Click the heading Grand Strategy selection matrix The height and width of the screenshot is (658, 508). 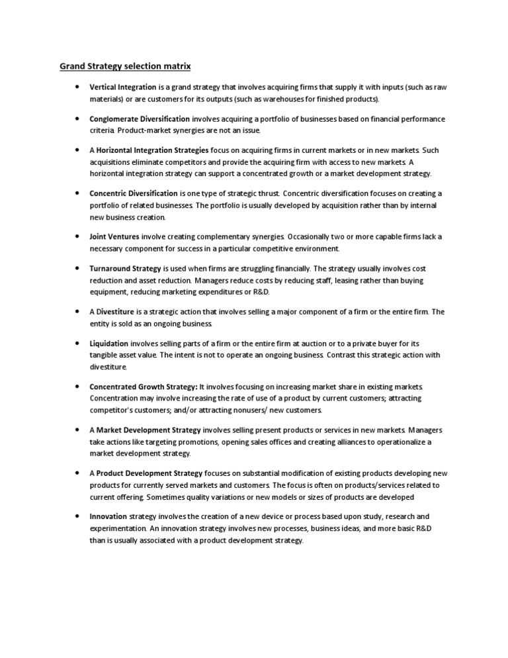126,66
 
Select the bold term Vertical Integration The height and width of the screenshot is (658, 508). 123,87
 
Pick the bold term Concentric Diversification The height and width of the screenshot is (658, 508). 133,193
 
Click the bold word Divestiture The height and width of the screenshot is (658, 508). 115,312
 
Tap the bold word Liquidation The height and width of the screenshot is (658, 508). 109,344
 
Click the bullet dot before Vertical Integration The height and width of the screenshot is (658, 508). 77,87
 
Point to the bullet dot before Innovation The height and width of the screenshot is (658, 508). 77,516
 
